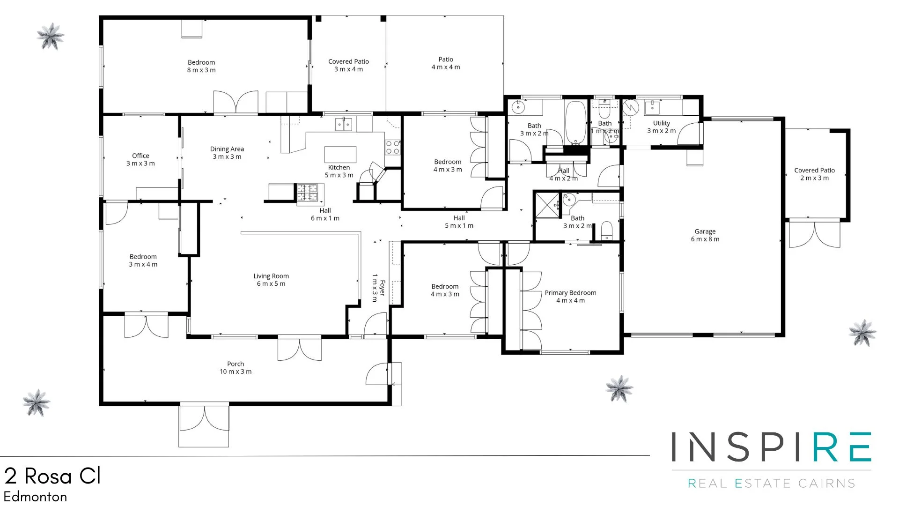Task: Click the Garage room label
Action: click(705, 235)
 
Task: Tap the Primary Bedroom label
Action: click(570, 296)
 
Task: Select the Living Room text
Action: click(271, 280)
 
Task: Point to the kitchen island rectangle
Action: click(340, 154)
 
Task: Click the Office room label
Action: click(140, 159)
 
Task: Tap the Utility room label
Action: click(661, 126)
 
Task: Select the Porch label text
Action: click(236, 367)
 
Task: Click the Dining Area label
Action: click(227, 153)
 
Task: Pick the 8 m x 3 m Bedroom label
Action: click(201, 66)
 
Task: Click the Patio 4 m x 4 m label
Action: click(446, 63)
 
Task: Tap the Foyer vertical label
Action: click(378, 288)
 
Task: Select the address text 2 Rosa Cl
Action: click(52, 476)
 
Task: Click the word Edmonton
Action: click(36, 497)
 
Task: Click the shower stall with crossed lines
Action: click(547, 205)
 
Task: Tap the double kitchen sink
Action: click(344, 124)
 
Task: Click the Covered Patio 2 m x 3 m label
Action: click(814, 174)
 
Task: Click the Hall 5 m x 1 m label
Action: click(459, 222)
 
